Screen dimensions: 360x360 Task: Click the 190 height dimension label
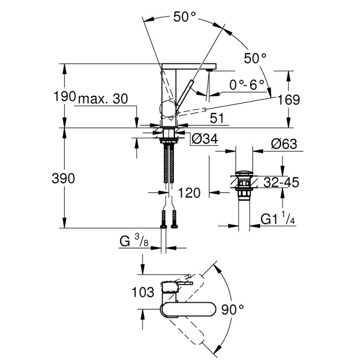coord(64,96)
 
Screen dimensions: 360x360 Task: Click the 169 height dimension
coord(288,100)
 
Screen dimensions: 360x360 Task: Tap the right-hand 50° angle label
coord(255,58)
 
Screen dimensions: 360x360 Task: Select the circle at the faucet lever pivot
coord(167,109)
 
